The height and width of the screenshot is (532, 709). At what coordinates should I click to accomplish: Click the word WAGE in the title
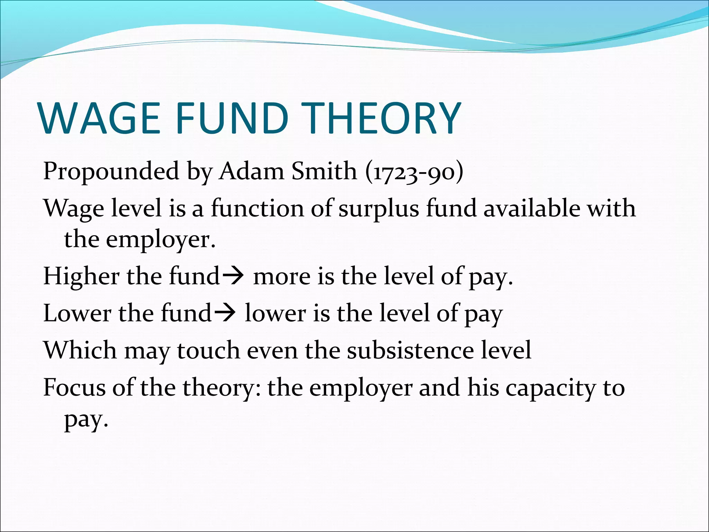pyautogui.click(x=100, y=118)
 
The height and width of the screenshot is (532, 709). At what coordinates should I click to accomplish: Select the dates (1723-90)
pyautogui.click(x=414, y=172)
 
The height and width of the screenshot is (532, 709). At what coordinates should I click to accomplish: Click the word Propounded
pyautogui.click(x=111, y=172)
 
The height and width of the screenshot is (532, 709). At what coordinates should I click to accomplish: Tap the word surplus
pyautogui.click(x=379, y=209)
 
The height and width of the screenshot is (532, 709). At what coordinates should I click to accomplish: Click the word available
pyautogui.click(x=531, y=209)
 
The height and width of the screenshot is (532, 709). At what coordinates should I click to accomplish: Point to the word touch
pyautogui.click(x=208, y=350)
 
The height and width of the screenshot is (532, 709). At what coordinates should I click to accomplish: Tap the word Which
pyautogui.click(x=80, y=350)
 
